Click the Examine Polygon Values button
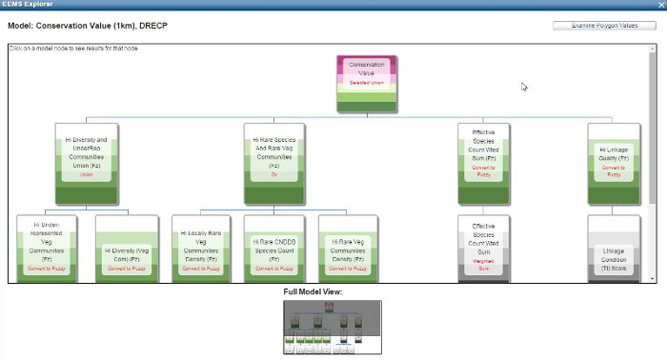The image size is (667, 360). tap(604, 26)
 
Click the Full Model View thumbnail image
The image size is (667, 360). tap(332, 327)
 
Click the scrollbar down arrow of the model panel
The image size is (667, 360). tap(653, 278)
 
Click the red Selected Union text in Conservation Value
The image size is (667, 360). tap(366, 84)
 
